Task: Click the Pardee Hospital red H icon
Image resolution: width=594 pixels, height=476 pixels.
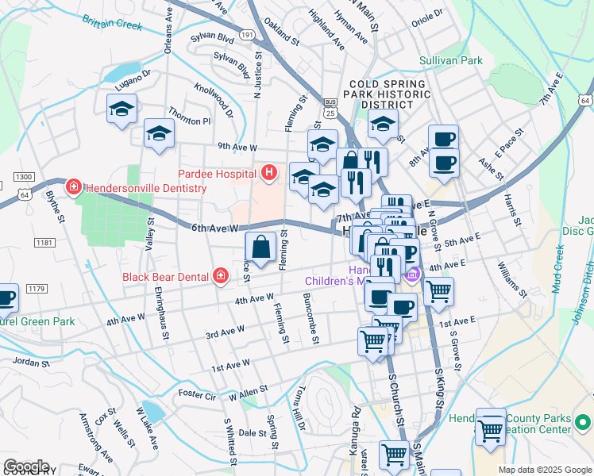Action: pyautogui.click(x=269, y=172)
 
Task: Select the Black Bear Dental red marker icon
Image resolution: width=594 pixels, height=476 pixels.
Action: pyautogui.click(x=221, y=277)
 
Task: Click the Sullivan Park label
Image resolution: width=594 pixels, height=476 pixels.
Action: pyautogui.click(x=451, y=60)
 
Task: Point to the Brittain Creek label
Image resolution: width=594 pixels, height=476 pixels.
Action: pyautogui.click(x=112, y=25)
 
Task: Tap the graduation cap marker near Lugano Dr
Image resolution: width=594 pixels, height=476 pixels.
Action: pyautogui.click(x=121, y=109)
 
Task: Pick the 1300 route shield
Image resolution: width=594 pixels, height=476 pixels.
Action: pyautogui.click(x=24, y=176)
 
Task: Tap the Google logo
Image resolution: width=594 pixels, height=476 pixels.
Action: pyautogui.click(x=26, y=466)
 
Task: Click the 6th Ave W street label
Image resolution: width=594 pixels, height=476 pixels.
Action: pyautogui.click(x=214, y=228)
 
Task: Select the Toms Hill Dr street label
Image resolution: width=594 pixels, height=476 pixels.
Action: pyautogui.click(x=299, y=409)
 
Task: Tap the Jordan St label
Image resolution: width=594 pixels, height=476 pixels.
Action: pyautogui.click(x=31, y=362)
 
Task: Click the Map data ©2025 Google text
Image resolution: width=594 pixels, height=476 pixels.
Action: pyautogui.click(x=545, y=470)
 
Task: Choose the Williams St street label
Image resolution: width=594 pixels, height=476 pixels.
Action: pyautogui.click(x=513, y=282)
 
